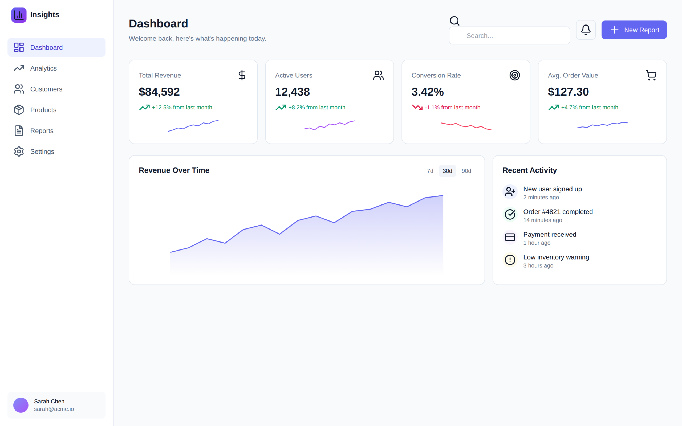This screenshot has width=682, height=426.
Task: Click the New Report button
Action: coord(634,30)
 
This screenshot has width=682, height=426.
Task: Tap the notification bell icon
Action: coord(586,30)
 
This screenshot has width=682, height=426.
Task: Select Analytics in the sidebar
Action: coord(43,68)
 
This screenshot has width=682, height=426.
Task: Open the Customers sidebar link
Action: coord(46,89)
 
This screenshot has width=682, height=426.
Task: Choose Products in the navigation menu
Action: coord(43,110)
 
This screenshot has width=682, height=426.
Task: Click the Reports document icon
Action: coord(19,131)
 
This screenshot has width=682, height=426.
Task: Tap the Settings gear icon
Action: coord(19,151)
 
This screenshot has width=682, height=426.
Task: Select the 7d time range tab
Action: coord(430,171)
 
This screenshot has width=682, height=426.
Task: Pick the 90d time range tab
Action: coord(466,171)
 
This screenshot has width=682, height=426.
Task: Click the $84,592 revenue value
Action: coord(159,92)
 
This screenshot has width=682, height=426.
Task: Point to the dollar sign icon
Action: coord(242,75)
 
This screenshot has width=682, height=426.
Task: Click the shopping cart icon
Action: coord(651,75)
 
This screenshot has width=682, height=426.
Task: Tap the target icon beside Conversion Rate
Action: coord(515,75)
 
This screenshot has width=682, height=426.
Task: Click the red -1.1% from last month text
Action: coord(452,107)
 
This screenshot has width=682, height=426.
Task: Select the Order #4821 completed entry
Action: coord(558,212)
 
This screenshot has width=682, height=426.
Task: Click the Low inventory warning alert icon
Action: coord(510,260)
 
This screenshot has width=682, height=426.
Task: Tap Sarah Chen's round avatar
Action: coord(21,405)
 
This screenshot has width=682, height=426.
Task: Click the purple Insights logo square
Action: coord(19,15)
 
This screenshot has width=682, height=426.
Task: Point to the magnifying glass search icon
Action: coord(454,21)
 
